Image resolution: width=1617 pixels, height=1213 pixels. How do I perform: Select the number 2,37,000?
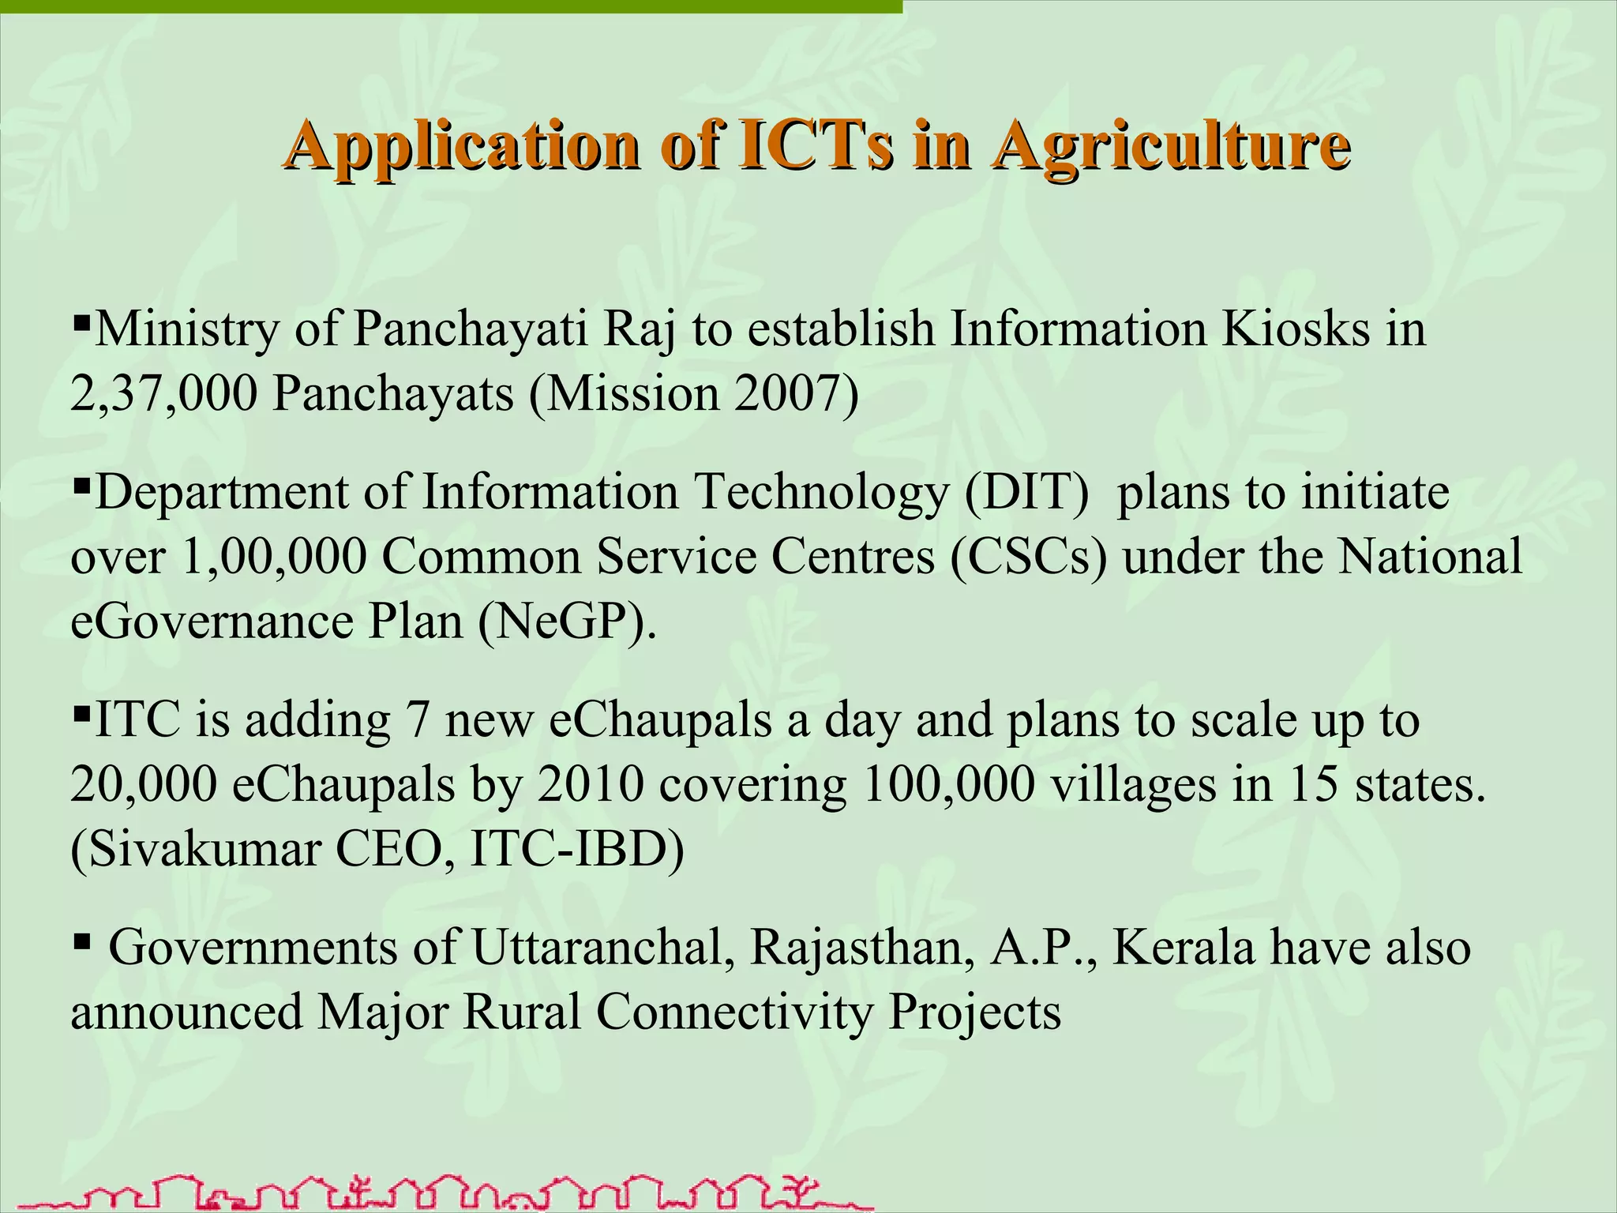(x=163, y=393)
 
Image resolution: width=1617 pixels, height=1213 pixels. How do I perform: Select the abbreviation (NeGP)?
(x=565, y=622)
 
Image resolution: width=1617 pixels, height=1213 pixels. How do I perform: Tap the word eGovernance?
(x=212, y=622)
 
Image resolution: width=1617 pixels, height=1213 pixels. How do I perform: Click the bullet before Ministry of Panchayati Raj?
(x=81, y=321)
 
